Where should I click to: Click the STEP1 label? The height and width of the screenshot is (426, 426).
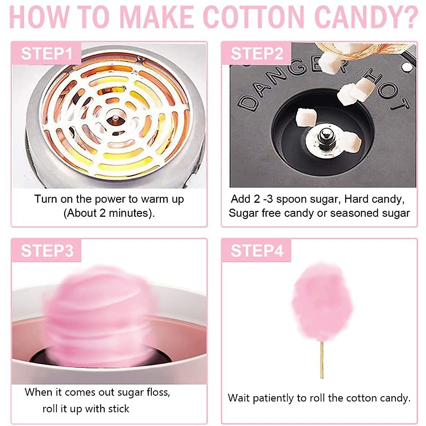click(x=47, y=54)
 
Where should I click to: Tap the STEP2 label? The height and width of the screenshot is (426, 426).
click(x=257, y=54)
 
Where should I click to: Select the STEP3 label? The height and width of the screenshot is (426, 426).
click(x=47, y=251)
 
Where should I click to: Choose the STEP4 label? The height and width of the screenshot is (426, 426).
click(x=257, y=251)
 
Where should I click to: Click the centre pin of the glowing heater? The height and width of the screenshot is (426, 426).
click(x=116, y=118)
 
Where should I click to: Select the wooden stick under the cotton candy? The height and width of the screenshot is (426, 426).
click(x=322, y=359)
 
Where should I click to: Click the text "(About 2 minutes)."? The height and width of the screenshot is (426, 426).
click(x=109, y=213)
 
